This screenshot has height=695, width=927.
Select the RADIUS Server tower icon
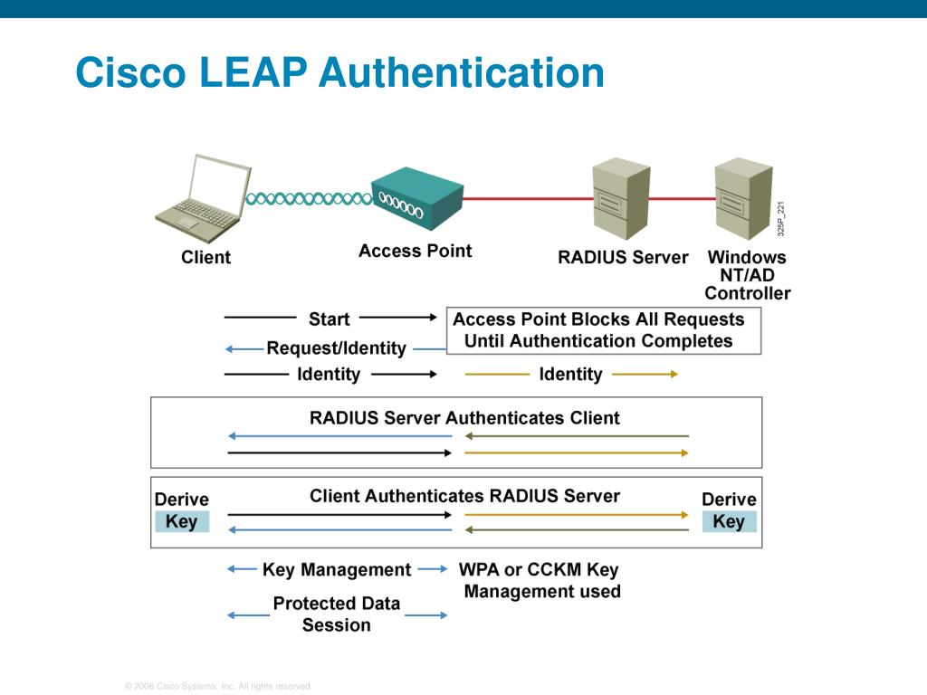pos(621,199)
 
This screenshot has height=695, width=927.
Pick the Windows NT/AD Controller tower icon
pos(742,199)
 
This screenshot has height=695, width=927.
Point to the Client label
pos(205,257)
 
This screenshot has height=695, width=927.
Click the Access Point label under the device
pos(415,251)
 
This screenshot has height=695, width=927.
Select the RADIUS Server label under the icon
pos(623,257)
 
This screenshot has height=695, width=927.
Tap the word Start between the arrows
pos(329,319)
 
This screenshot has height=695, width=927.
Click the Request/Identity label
pos(336,348)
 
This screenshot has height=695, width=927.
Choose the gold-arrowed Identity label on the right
pos(570,374)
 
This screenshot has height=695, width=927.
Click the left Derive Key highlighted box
pos(182,521)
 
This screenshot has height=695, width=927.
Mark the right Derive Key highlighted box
pos(729,521)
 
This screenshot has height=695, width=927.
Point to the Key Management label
pos(337,570)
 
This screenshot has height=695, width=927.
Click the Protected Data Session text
pos(337,614)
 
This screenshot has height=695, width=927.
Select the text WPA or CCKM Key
pos(539,570)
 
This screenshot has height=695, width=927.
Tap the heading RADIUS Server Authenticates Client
pos(464,418)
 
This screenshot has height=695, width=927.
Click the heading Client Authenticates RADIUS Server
pos(464,496)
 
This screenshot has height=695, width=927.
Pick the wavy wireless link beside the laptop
pos(308,198)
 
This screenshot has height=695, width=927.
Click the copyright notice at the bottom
pos(218,687)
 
